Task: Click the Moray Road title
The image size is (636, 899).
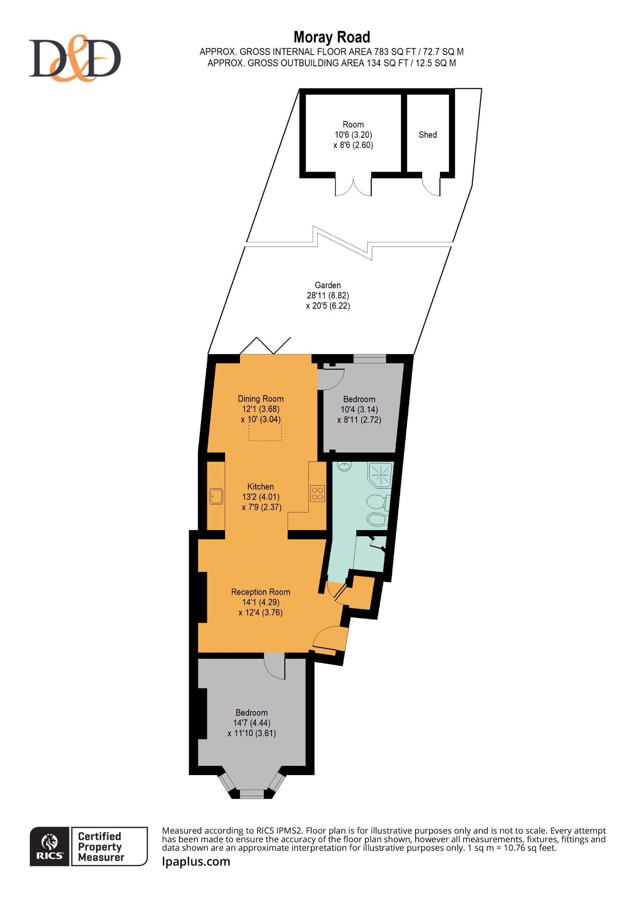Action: pyautogui.click(x=332, y=38)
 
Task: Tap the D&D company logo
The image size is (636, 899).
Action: pyautogui.click(x=75, y=58)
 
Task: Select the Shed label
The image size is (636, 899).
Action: pyautogui.click(x=428, y=135)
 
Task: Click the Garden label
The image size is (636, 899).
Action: pyautogui.click(x=328, y=285)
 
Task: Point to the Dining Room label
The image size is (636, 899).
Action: pyautogui.click(x=260, y=399)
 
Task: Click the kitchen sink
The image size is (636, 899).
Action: pyautogui.click(x=216, y=496)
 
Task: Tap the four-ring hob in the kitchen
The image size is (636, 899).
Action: pyautogui.click(x=318, y=493)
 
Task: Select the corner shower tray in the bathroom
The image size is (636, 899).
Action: pyautogui.click(x=380, y=475)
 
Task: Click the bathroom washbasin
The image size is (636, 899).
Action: pyautogui.click(x=344, y=466)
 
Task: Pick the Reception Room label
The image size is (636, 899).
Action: pyautogui.click(x=260, y=592)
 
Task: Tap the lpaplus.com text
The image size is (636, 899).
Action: pyautogui.click(x=196, y=861)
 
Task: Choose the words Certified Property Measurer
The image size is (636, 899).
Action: pyautogui.click(x=101, y=847)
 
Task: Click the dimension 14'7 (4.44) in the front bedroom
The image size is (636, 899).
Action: pyautogui.click(x=252, y=723)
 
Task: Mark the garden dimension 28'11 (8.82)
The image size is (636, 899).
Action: pyautogui.click(x=328, y=295)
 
